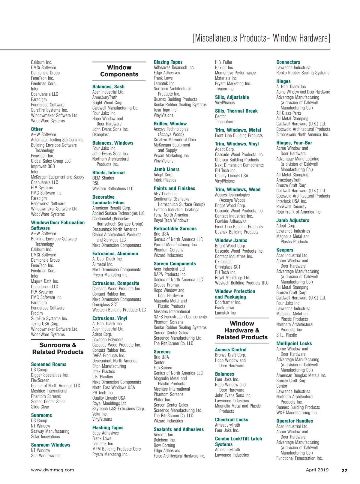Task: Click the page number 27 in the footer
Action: (344, 470)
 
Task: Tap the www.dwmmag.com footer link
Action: (52, 470)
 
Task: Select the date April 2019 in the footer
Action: (317, 470)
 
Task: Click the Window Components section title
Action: (119, 71)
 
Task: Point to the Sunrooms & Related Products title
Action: (58, 348)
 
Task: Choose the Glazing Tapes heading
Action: (168, 62)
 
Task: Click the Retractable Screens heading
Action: (175, 229)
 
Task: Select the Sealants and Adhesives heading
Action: (178, 429)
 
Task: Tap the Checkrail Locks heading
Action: (231, 420)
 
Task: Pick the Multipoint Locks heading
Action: (294, 344)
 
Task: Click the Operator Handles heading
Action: (295, 421)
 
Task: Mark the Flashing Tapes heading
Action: (108, 428)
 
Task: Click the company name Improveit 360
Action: (43, 166)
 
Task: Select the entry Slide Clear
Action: (40, 407)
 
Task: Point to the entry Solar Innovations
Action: (45, 437)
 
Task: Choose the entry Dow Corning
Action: (164, 445)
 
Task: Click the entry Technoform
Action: (225, 122)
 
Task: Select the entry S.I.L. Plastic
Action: (286, 335)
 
